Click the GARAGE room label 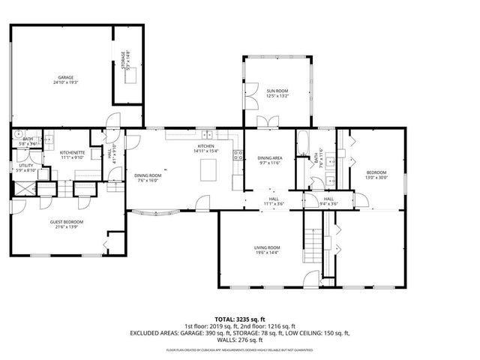tap(67, 77)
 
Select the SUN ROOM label tap(277, 91)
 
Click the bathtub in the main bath tap(302, 144)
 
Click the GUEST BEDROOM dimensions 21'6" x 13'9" tap(67, 226)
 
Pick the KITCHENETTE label tap(72, 153)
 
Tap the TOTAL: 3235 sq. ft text tap(239, 318)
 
